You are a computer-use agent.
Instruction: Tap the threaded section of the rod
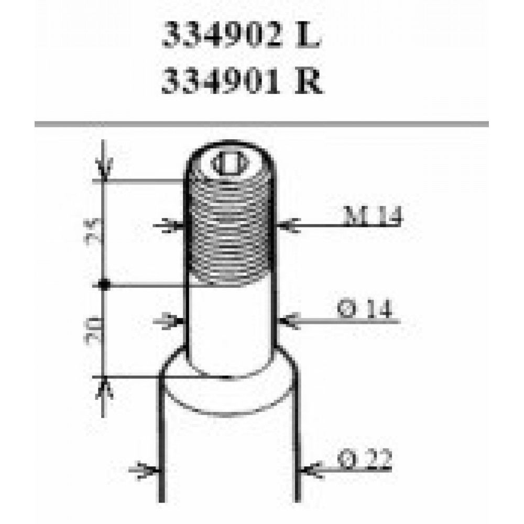[x=231, y=236]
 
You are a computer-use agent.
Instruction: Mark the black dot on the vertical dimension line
[x=104, y=285]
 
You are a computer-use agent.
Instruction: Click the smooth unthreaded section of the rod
[x=231, y=325]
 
